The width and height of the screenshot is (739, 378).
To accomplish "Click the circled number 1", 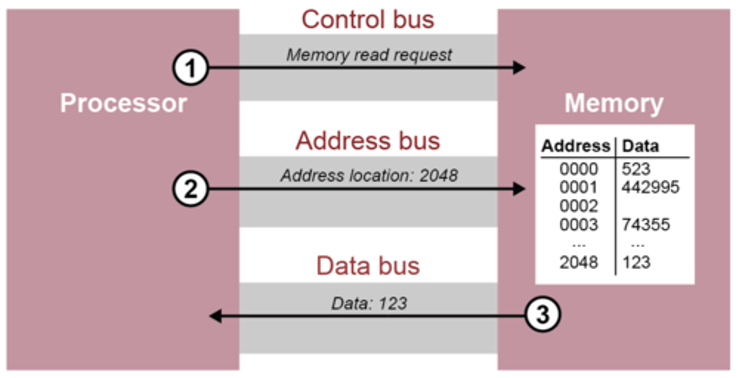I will click(190, 69).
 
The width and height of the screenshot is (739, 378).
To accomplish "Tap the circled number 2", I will click(190, 190).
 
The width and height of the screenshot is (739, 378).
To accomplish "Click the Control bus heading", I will click(367, 19).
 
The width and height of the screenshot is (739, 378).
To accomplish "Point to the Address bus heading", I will click(367, 141).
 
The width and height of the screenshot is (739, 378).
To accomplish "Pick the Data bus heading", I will click(367, 266).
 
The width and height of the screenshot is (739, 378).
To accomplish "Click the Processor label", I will click(123, 103).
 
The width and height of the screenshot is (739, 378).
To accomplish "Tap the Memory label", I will click(614, 103).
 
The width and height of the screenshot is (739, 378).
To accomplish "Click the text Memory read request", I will click(369, 54).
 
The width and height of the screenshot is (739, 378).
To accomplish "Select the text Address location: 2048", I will click(369, 176).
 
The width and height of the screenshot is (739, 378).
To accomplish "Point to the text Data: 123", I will click(369, 303).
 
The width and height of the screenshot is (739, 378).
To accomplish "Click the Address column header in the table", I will click(575, 146).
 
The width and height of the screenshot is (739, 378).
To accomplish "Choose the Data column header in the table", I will click(640, 146).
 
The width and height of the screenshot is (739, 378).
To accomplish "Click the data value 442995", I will click(650, 187).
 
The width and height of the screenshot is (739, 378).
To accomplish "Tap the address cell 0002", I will click(579, 206).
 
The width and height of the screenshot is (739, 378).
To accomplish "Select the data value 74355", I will click(646, 225).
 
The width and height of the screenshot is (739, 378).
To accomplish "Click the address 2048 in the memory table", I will click(579, 262).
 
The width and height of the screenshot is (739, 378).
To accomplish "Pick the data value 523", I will click(636, 169).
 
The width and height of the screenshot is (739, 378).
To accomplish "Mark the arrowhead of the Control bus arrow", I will click(519, 68).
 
